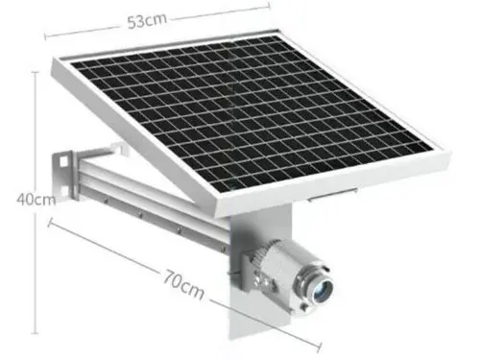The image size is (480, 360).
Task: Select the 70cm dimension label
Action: pyautogui.click(x=181, y=285)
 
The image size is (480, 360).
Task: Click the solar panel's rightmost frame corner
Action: pyautogui.click(x=444, y=152)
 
